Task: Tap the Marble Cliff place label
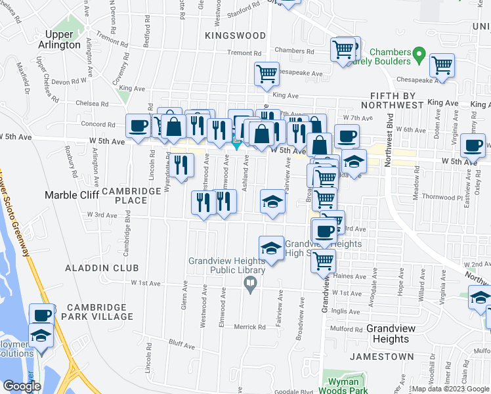(70, 194)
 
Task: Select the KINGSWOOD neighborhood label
(235, 35)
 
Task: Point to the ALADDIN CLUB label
(102, 268)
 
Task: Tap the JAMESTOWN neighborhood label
(382, 357)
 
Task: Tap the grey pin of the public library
(249, 284)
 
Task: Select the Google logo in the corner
(22, 386)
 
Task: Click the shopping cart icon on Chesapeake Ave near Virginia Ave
(442, 65)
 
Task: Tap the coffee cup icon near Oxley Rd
(473, 145)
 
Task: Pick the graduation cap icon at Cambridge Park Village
(41, 335)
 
